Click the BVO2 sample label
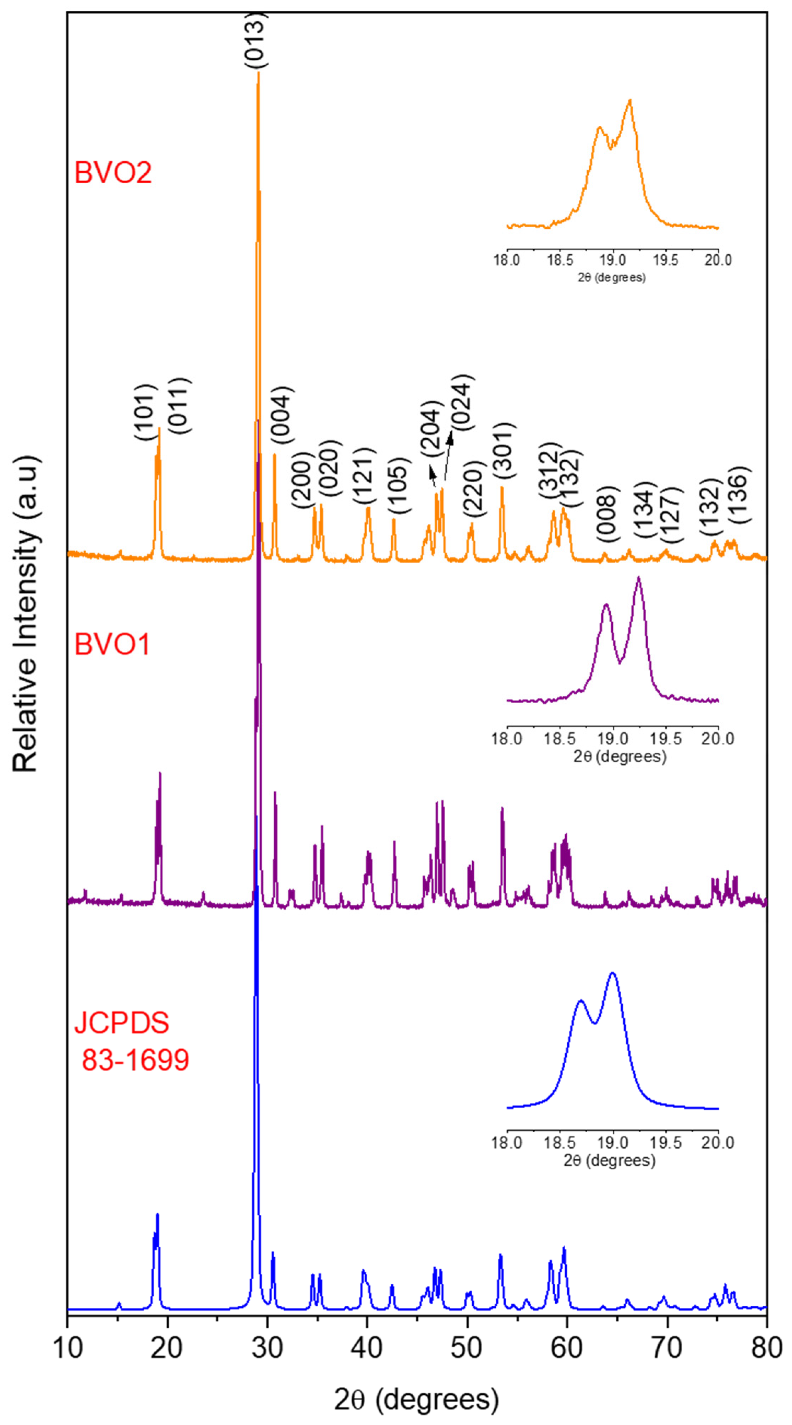coord(113,173)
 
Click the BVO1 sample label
coord(112,644)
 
